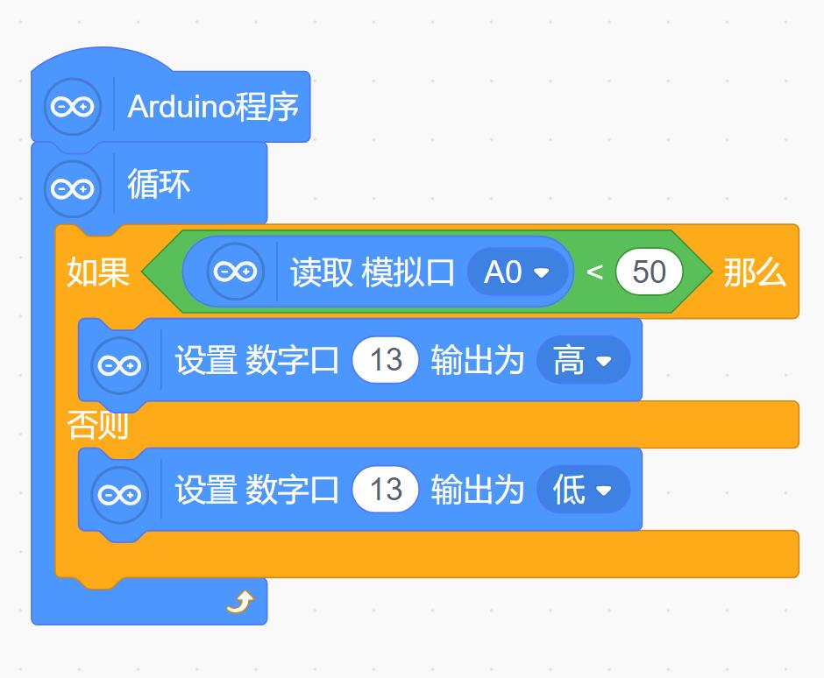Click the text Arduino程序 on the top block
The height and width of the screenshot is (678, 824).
(x=213, y=107)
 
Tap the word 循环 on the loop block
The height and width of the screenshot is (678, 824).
(x=159, y=185)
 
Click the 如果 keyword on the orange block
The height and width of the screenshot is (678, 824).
(x=98, y=272)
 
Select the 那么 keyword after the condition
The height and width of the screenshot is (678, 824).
(x=754, y=272)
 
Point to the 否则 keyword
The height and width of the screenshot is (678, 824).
(x=98, y=426)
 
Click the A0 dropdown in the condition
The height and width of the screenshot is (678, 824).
(x=517, y=272)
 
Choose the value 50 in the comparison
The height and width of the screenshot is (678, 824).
(x=650, y=272)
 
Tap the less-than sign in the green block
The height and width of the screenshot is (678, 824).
(x=594, y=272)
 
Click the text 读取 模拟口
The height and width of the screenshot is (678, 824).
(x=373, y=272)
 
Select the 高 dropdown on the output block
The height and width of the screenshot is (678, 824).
(x=582, y=360)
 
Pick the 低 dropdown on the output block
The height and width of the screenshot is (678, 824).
(x=582, y=490)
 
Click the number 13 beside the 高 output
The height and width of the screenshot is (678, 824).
(x=386, y=360)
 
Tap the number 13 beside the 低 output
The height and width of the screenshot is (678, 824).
(x=386, y=490)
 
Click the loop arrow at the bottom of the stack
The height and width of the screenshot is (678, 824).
(x=239, y=602)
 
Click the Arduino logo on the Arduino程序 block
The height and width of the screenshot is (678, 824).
(x=73, y=107)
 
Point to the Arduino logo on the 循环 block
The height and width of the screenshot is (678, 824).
(x=73, y=187)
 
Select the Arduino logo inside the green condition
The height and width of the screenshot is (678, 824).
(x=236, y=272)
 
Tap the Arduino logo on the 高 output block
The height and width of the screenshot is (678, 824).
(x=120, y=364)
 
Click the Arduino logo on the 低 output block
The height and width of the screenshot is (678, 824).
(x=120, y=493)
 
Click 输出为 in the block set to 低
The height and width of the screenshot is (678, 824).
(x=477, y=490)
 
